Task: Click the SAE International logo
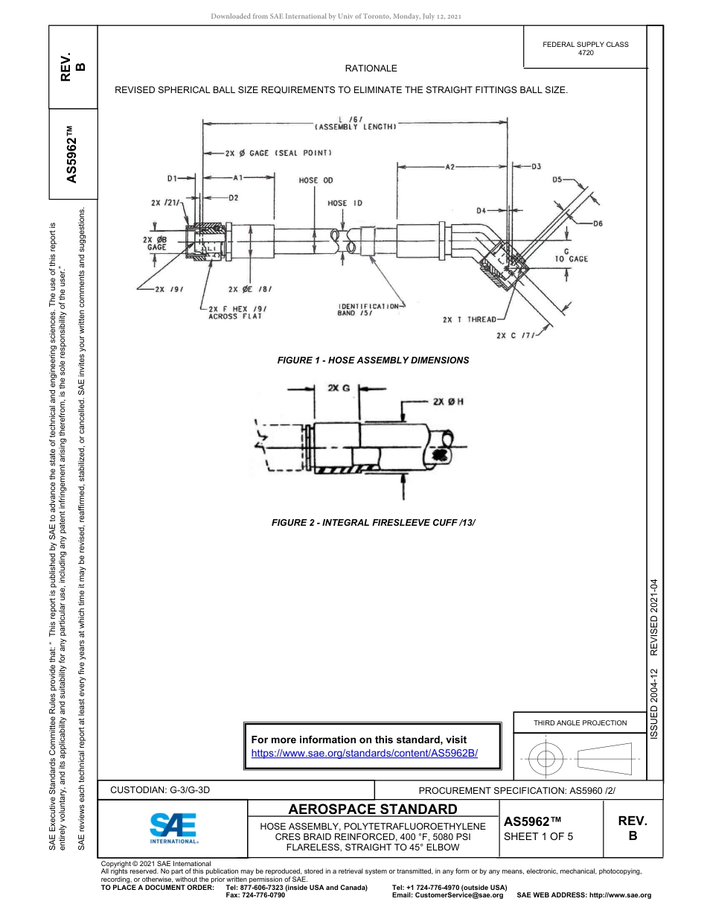pyautogui.click(x=173, y=826)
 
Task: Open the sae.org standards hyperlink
pyautogui.click(x=365, y=753)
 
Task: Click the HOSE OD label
pyautogui.click(x=316, y=180)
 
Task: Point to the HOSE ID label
pyautogui.click(x=345, y=203)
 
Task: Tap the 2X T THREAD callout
pyautogui.click(x=468, y=319)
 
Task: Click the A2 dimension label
pyautogui.click(x=450, y=168)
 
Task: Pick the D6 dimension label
pyautogui.click(x=598, y=223)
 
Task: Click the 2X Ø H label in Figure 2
pyautogui.click(x=448, y=401)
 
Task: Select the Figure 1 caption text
pyautogui.click(x=373, y=360)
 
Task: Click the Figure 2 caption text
pyautogui.click(x=373, y=523)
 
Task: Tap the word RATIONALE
pyautogui.click(x=371, y=68)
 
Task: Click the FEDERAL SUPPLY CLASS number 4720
pyautogui.click(x=586, y=53)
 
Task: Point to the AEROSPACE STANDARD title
pyautogui.click(x=373, y=809)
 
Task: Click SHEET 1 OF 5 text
pyautogui.click(x=539, y=836)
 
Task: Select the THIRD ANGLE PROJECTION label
pyautogui.click(x=580, y=722)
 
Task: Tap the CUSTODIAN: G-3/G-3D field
pyautogui.click(x=165, y=789)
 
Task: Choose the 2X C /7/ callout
pyautogui.click(x=516, y=335)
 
